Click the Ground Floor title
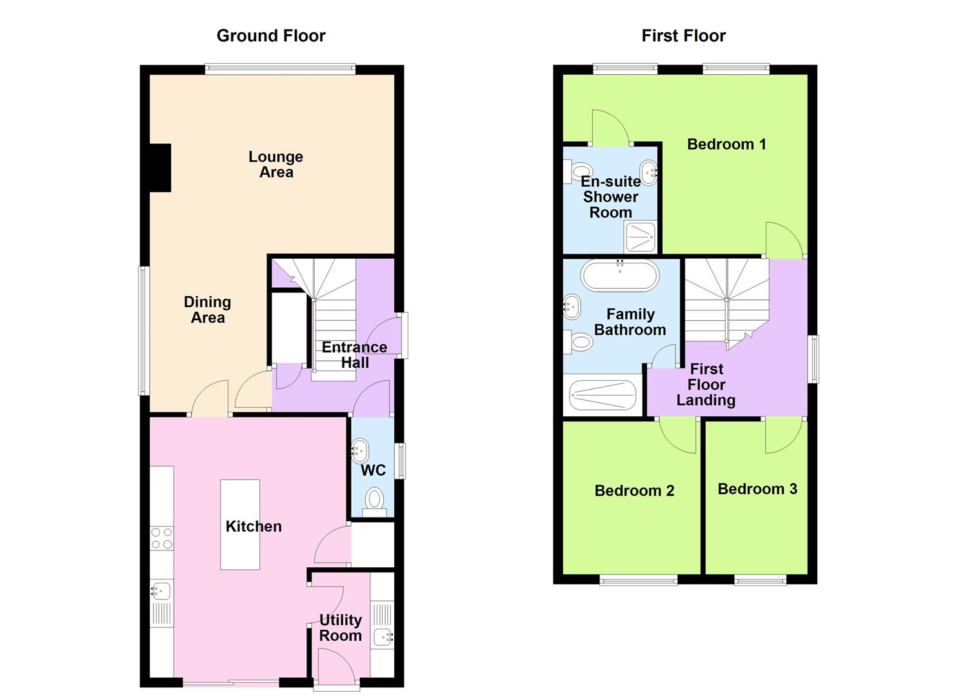click(x=271, y=35)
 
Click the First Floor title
click(x=683, y=35)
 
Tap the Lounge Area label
click(x=276, y=165)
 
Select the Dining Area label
click(x=207, y=310)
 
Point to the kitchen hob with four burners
click(x=161, y=538)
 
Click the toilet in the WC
click(x=374, y=500)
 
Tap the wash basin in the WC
click(x=359, y=449)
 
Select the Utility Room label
click(x=341, y=628)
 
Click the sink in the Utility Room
click(x=384, y=638)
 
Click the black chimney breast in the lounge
click(x=160, y=168)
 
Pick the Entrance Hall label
click(x=355, y=355)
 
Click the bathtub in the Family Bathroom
click(x=620, y=276)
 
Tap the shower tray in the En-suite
click(x=641, y=237)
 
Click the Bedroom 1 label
click(x=726, y=144)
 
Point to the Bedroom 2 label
click(x=634, y=490)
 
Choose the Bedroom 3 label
click(x=757, y=489)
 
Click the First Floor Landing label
click(x=706, y=385)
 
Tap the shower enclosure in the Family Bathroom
click(x=603, y=395)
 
